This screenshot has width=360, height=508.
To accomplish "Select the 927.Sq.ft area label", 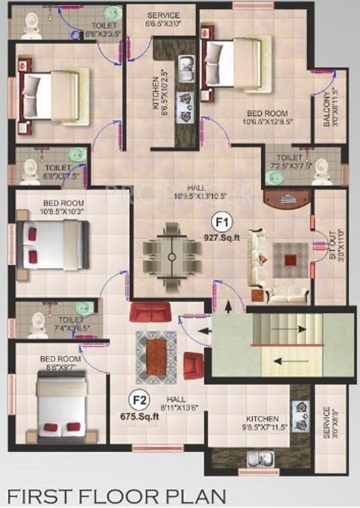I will coord(221,237).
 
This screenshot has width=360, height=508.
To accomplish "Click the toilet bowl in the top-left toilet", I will coord(31,27).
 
